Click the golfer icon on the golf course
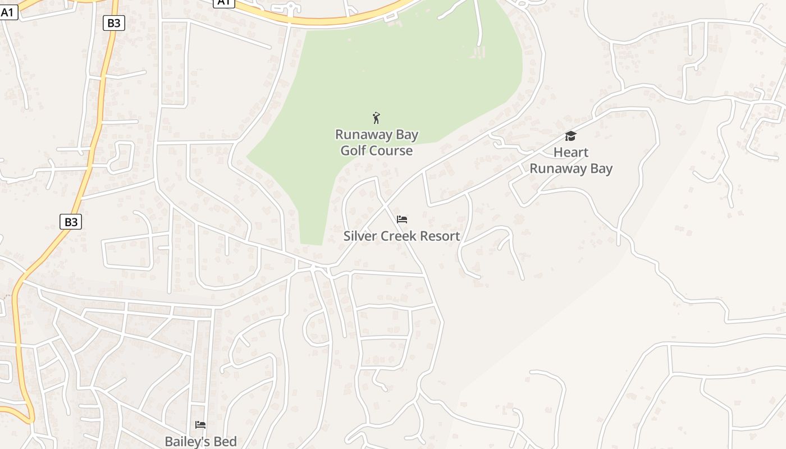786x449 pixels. (376, 118)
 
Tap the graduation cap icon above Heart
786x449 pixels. (570, 136)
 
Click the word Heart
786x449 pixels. (571, 152)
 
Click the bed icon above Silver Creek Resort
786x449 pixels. (402, 219)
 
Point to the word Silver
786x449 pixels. (359, 236)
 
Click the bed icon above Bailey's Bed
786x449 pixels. (200, 425)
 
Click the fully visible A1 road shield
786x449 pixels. (8, 12)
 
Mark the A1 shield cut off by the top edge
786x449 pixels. (224, 3)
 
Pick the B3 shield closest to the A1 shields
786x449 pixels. (114, 22)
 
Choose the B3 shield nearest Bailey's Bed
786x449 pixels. (71, 222)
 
